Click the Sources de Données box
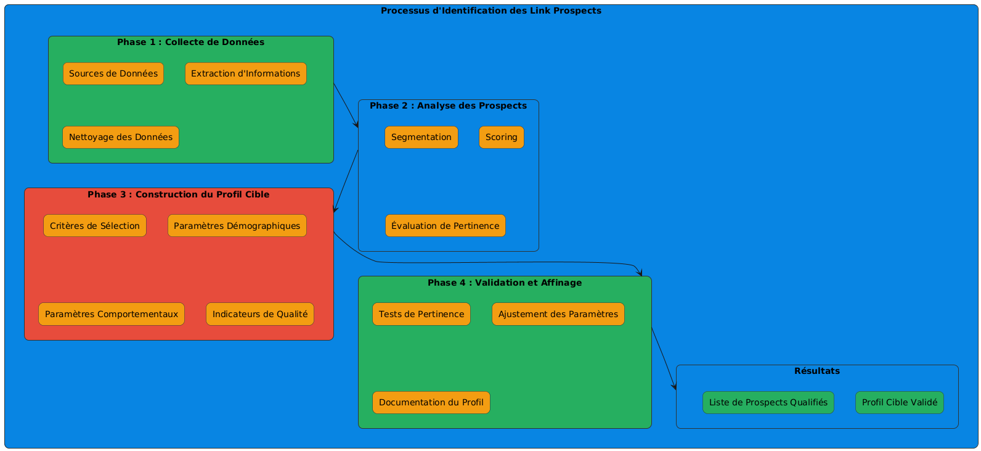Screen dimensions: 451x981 pyautogui.click(x=113, y=73)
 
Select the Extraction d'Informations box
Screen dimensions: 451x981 pyautogui.click(x=245, y=73)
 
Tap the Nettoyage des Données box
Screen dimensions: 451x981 pyautogui.click(x=121, y=137)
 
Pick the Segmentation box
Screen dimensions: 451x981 pyautogui.click(x=421, y=137)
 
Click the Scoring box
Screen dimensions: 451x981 pyautogui.click(x=501, y=137)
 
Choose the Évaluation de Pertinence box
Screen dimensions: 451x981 pyautogui.click(x=445, y=226)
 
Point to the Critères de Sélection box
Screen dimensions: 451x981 pyautogui.click(x=95, y=226)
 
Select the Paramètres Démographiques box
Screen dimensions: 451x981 pyautogui.click(x=237, y=226)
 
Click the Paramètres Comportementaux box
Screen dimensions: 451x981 pyautogui.click(x=112, y=314)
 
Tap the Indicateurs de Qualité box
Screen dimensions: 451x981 pyautogui.click(x=260, y=314)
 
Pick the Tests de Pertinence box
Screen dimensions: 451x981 pyautogui.click(x=421, y=314)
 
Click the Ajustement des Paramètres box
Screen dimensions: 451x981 pyautogui.click(x=558, y=314)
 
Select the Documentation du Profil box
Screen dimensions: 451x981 pyautogui.click(x=431, y=402)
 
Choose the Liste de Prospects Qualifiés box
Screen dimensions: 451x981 pyautogui.click(x=768, y=402)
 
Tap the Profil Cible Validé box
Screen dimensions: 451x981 pyautogui.click(x=899, y=402)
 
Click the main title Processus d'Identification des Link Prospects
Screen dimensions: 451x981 pyautogui.click(x=491, y=11)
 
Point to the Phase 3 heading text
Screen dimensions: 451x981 pyautogui.click(x=178, y=194)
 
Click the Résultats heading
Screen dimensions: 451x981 pyautogui.click(x=817, y=371)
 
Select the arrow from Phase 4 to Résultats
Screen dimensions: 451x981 pyautogui.click(x=664, y=358)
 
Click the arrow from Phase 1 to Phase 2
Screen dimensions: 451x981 pyautogui.click(x=346, y=106)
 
